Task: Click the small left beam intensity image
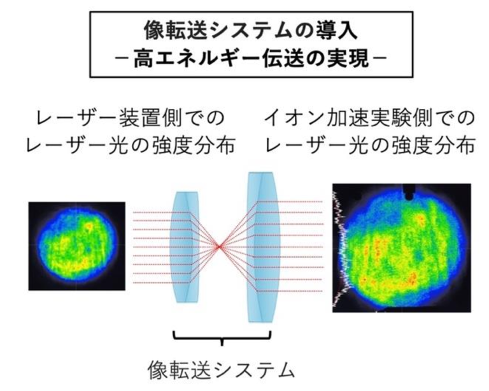coord(76,245)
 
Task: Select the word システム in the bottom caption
coord(246,369)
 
